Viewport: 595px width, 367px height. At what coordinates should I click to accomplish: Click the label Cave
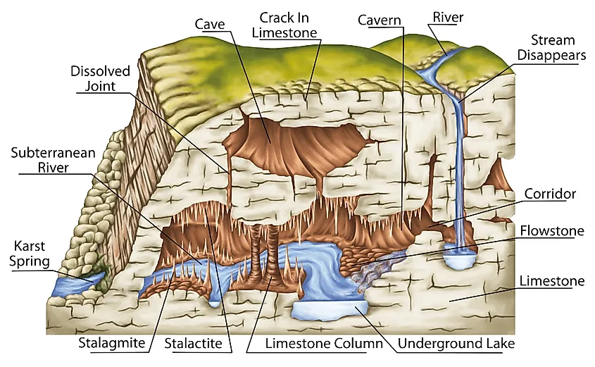210,24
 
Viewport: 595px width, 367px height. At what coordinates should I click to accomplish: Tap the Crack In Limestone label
284,25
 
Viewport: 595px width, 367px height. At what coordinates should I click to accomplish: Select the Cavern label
380,20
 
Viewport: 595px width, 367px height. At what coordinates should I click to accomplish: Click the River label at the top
448,17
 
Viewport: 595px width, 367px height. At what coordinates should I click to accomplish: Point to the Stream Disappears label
552,47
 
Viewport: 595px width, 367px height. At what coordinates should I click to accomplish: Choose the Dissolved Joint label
100,79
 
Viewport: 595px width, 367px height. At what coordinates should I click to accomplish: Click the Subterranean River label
53,160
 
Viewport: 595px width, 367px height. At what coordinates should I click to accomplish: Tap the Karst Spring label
30,253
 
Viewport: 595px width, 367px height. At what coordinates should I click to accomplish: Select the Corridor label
550,194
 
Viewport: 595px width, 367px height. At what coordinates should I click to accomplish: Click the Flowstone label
552,231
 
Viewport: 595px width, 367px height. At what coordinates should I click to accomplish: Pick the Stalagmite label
111,343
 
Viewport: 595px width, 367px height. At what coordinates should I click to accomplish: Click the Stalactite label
193,344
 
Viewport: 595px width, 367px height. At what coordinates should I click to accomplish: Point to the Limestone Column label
324,344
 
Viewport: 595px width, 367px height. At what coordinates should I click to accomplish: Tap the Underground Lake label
456,344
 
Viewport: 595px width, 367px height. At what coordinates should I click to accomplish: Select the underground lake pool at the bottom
329,311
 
